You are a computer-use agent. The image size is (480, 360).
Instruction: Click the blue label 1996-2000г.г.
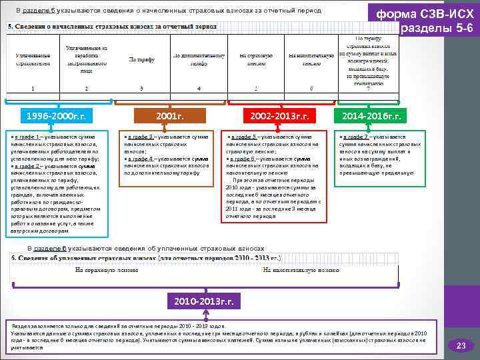[x=57, y=116]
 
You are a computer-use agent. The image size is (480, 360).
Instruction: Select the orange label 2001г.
[x=169, y=116]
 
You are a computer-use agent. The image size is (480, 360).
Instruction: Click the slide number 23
[x=460, y=345]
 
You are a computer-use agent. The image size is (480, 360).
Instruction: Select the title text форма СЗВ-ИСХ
[x=425, y=14]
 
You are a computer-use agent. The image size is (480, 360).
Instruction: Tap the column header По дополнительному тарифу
[x=199, y=59]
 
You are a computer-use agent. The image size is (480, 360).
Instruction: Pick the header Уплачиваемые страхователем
[x=32, y=59]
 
